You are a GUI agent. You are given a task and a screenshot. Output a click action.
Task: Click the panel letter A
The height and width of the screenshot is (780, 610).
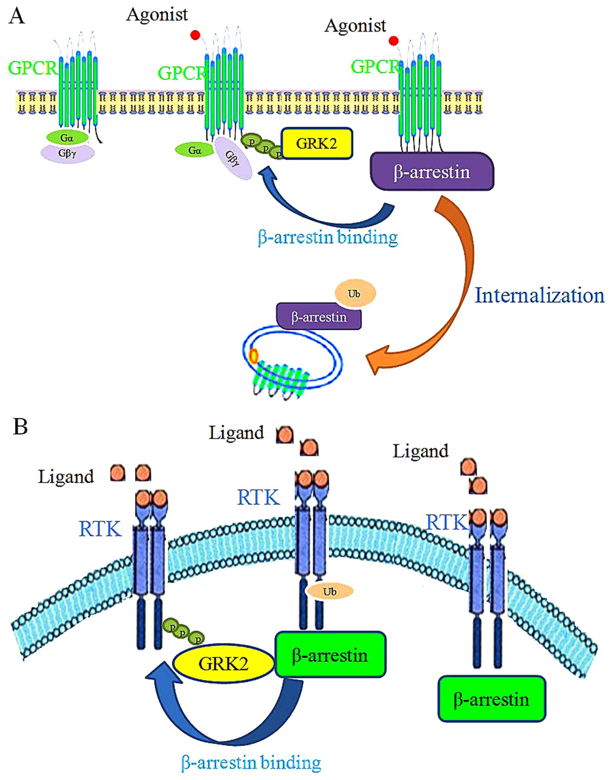17,16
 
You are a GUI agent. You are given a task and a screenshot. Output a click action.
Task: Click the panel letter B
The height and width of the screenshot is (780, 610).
20,427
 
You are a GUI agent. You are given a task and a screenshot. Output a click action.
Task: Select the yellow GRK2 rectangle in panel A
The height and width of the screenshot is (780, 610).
316,144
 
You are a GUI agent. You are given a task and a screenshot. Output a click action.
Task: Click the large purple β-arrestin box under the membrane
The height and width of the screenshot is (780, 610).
431,172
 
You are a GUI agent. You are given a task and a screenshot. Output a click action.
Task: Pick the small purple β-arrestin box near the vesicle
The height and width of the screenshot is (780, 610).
319,317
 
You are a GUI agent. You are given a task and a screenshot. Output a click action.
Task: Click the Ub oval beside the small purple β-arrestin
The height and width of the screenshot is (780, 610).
355,293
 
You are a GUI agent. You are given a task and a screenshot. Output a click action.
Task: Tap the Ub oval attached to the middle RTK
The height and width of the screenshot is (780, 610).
329,592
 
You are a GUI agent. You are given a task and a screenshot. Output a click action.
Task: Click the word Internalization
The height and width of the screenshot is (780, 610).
539,295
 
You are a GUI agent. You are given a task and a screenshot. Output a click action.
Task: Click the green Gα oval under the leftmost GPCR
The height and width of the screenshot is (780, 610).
67,138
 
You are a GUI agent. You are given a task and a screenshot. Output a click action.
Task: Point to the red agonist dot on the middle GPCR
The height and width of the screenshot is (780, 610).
195,35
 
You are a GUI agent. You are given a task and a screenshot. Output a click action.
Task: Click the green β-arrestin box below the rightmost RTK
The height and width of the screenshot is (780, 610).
491,699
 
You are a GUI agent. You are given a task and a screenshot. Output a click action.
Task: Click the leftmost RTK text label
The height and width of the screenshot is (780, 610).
100,529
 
